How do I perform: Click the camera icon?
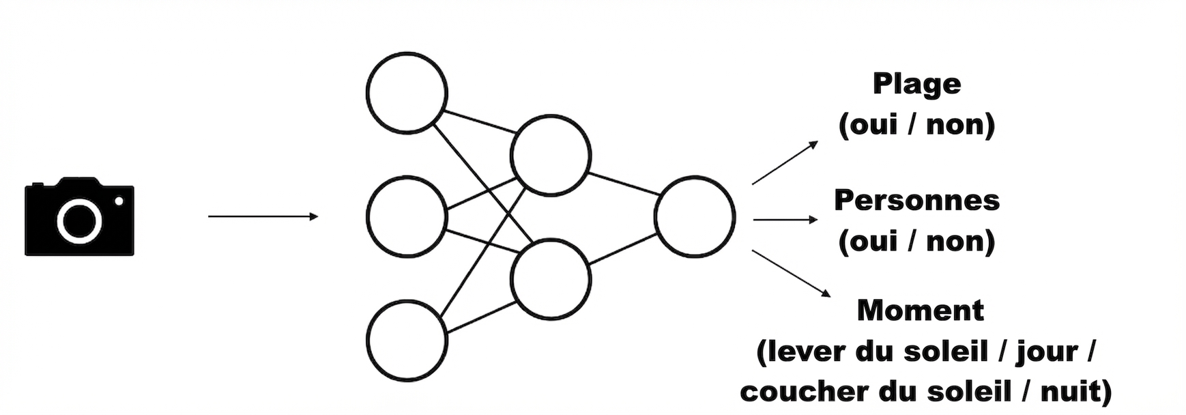tap(79, 216)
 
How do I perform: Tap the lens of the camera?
tap(79, 221)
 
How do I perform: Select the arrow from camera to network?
tap(263, 216)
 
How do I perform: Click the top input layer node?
tap(407, 93)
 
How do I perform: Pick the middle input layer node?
tap(407, 216)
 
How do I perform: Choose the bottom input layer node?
tap(407, 340)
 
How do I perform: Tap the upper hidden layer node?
tap(551, 156)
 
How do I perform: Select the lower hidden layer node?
tap(551, 278)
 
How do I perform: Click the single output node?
tap(695, 216)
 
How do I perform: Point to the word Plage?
tap(916, 85)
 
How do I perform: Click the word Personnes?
tap(916, 200)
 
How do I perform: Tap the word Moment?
tap(921, 311)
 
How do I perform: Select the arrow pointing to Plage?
tap(785, 162)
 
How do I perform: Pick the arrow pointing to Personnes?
tap(785, 220)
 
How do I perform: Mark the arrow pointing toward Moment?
tap(791, 274)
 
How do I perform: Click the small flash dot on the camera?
tap(119, 201)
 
